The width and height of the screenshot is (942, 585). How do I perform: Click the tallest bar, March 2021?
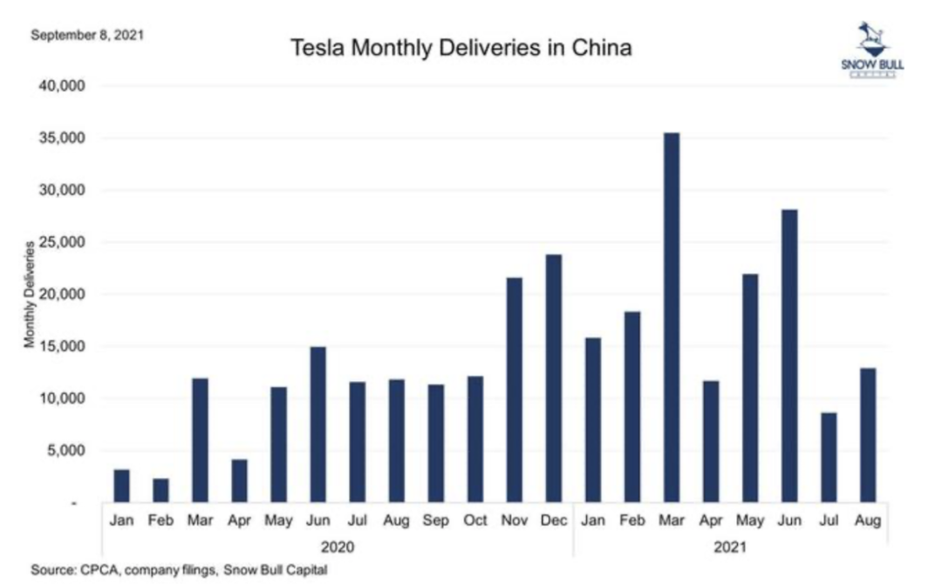[x=672, y=317]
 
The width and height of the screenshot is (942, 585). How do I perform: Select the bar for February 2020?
[x=160, y=490]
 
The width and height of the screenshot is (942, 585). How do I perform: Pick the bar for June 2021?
[x=789, y=356]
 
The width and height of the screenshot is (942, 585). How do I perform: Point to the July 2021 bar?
[x=829, y=458]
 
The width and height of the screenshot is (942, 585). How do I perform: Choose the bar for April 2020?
[x=239, y=480]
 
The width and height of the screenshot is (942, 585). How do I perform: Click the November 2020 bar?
[x=514, y=390]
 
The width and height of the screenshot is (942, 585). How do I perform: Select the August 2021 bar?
[x=868, y=435]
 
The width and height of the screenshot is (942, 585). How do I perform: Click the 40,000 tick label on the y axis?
[x=61, y=86]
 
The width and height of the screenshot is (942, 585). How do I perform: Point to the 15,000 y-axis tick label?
[x=61, y=347]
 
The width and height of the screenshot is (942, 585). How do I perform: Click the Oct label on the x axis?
[x=474, y=520]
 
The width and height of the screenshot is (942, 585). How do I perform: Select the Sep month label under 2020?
[x=435, y=520]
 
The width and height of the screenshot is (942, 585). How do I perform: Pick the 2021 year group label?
[x=730, y=548]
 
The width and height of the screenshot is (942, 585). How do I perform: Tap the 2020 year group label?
[x=338, y=548]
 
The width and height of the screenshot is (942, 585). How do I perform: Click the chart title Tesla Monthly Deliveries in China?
[x=461, y=50]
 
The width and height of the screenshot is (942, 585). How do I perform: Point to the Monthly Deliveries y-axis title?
[x=30, y=295]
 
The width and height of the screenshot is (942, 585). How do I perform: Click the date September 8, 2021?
[x=87, y=36]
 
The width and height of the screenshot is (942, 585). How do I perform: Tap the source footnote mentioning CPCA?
[x=179, y=570]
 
